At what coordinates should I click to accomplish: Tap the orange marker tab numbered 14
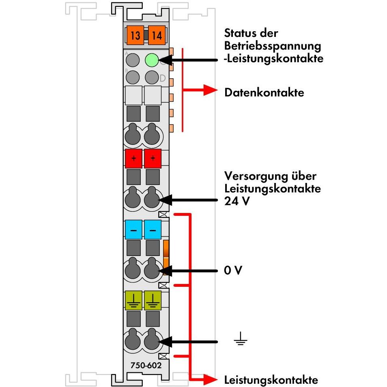click(x=156, y=35)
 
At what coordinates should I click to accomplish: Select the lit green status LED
click(x=151, y=61)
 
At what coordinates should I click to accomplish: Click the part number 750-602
click(x=146, y=365)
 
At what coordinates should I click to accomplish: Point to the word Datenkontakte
click(x=264, y=92)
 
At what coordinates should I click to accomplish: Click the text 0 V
click(x=233, y=271)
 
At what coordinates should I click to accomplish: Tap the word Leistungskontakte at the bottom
click(x=271, y=380)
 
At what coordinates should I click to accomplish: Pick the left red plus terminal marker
click(x=134, y=158)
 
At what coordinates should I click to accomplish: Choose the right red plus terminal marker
click(x=153, y=158)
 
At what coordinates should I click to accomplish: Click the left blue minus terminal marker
click(x=134, y=230)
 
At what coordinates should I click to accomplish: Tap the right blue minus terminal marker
click(x=153, y=230)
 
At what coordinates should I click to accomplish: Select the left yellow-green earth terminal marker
click(x=134, y=300)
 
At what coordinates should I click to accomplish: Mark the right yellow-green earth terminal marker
click(x=153, y=300)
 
